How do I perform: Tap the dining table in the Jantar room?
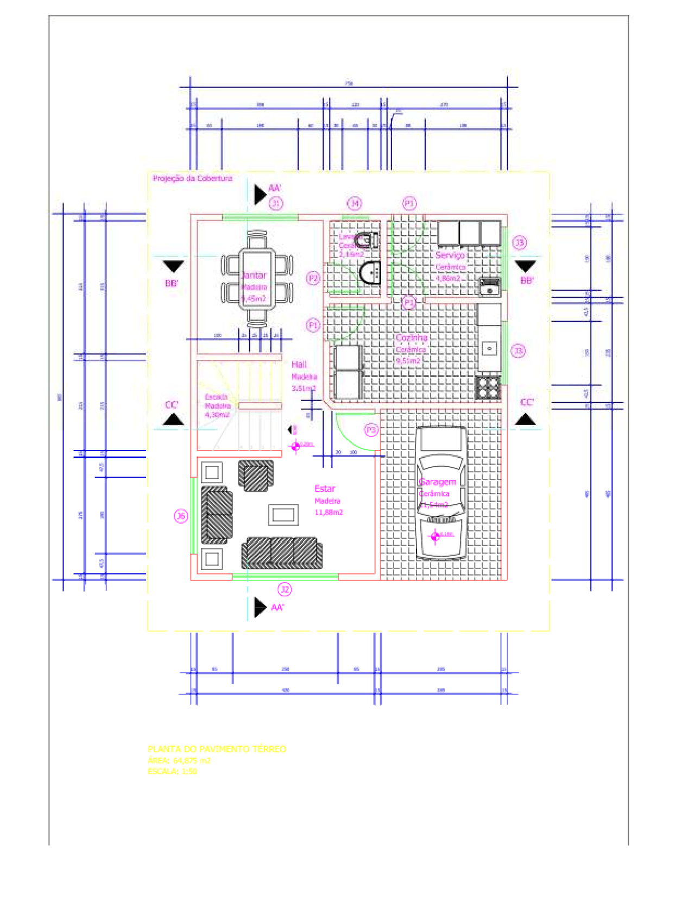(x=257, y=279)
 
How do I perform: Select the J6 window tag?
(x=181, y=516)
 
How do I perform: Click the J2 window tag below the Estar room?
(x=285, y=590)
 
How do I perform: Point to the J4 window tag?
(x=355, y=203)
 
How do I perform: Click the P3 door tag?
(x=371, y=430)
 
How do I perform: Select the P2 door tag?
(x=313, y=278)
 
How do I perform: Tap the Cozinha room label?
(x=411, y=338)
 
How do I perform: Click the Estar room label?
(x=325, y=489)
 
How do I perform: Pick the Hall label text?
(x=299, y=365)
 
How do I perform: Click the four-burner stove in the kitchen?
(x=488, y=387)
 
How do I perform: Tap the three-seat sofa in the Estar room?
(x=282, y=553)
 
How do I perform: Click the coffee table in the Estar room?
(x=283, y=515)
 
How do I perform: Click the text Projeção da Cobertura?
(x=192, y=178)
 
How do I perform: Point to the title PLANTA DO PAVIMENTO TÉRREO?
(x=217, y=749)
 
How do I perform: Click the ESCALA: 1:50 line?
(x=173, y=771)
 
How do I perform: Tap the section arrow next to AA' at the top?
(x=260, y=194)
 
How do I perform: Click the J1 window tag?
(x=276, y=203)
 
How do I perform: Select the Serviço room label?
(x=450, y=255)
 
